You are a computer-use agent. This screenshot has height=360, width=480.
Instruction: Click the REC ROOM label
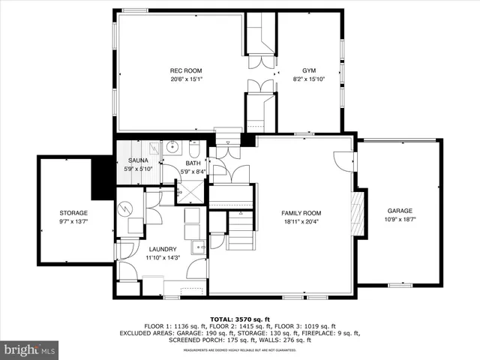[x=187, y=70]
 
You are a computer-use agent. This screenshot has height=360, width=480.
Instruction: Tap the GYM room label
[x=309, y=70]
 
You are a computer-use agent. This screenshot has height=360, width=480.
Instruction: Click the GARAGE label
[x=400, y=211]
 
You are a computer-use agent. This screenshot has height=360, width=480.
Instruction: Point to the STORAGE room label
[x=73, y=213]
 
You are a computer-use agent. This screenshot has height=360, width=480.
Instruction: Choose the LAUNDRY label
[x=163, y=249]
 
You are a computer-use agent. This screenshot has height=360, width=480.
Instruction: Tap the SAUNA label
[x=138, y=160]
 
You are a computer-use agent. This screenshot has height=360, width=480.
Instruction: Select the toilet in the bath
[x=193, y=148]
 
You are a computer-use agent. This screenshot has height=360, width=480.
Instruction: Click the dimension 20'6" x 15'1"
[x=187, y=79]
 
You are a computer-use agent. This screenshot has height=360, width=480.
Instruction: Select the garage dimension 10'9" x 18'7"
[x=400, y=220]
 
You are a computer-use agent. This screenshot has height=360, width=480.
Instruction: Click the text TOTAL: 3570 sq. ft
[x=239, y=319]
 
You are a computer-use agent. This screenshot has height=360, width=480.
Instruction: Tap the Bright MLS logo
[x=30, y=349]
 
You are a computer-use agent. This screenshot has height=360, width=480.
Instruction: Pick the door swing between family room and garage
[x=344, y=160]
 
